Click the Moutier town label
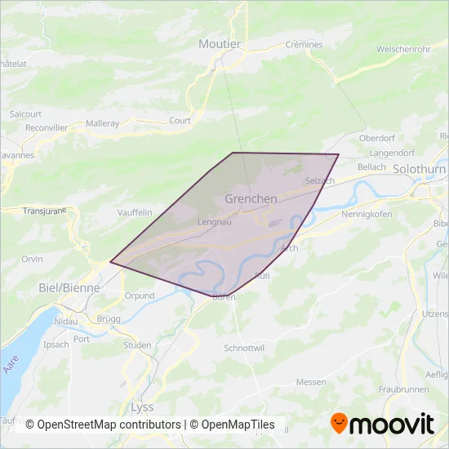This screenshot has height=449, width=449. pos(220,43)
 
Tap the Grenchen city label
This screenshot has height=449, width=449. pos(251,198)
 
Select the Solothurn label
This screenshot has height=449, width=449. pos(418,168)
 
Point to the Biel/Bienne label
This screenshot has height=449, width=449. pos(69,287)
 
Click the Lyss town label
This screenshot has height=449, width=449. pos(142,406)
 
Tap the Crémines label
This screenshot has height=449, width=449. pos(304,45)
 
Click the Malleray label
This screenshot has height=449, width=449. pos(102,123)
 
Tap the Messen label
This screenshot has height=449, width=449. pos(310,381)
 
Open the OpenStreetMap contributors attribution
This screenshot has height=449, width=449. pos(103,425)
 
